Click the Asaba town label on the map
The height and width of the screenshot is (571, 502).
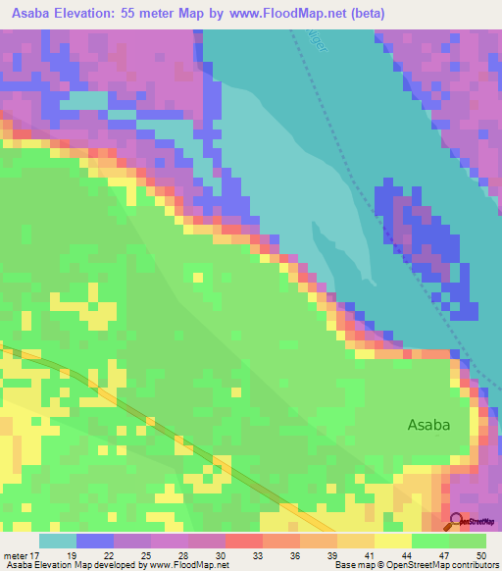pos(430,425)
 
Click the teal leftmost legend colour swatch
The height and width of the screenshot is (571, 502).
pos(58,541)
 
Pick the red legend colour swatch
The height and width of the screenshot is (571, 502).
pos(243,541)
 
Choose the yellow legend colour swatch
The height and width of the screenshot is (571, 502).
pos(392,541)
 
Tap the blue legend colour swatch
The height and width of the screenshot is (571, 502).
pos(95,541)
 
